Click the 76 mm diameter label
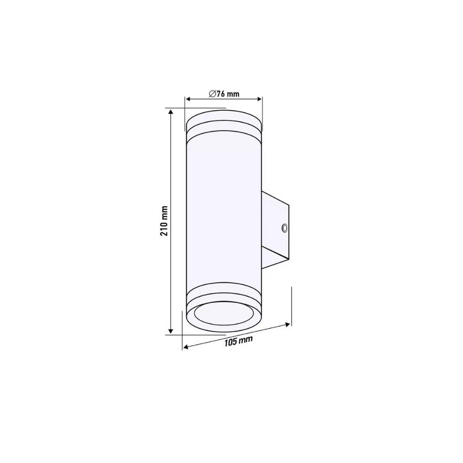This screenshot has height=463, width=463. tap(224, 94)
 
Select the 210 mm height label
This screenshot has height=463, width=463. tap(164, 221)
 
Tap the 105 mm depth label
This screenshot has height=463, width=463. tap(238, 341)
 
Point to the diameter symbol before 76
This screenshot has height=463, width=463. tap(213, 94)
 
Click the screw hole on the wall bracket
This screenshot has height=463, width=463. tap(285, 228)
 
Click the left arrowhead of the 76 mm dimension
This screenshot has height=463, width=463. tap(188, 99)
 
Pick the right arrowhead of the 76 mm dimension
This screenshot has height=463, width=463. tap(259, 99)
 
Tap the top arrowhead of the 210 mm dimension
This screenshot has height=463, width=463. tap(170, 112)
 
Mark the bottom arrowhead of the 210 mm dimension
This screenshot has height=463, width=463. tap(170, 331)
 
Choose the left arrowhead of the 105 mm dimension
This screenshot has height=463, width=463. tap(186, 347)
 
